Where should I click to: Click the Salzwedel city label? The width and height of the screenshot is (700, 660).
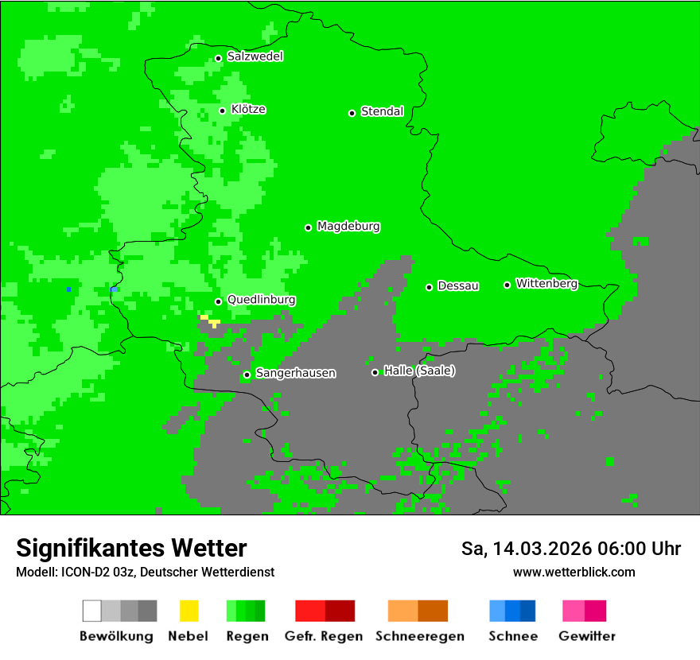pos(255,56)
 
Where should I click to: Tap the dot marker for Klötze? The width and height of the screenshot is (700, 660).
pos(223,111)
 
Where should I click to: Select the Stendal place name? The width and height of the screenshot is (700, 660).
pos(382,111)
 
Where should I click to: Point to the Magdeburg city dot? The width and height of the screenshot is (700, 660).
pos(309,227)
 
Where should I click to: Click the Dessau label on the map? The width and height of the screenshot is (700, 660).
pos(457,285)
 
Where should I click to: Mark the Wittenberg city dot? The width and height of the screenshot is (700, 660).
pos(507,285)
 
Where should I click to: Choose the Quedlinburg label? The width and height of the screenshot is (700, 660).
pos(261,300)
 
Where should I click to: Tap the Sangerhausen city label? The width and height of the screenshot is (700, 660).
pos(295,373)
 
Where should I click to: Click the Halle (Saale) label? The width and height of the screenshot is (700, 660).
pos(419,371)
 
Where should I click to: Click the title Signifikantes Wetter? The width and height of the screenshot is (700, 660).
pos(131,548)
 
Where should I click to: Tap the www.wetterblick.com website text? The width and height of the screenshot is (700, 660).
pos(574,572)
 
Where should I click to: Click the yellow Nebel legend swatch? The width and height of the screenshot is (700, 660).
pos(189,611)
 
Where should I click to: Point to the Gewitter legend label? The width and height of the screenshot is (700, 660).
pos(587,636)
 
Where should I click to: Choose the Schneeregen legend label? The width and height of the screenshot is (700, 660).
pos(418,636)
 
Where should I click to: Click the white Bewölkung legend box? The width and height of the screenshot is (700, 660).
pos(92,611)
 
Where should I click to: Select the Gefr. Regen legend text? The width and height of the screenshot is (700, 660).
pos(324,636)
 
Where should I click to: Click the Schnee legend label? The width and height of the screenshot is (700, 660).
pos(513,636)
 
